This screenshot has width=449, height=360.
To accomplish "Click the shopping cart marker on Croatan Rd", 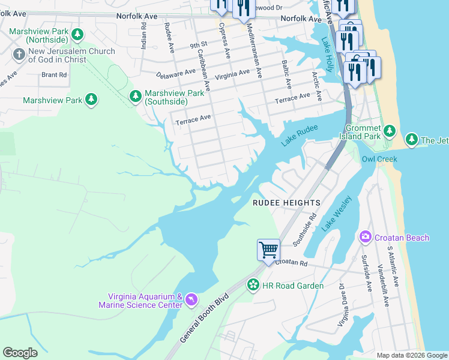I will (x=268, y=248).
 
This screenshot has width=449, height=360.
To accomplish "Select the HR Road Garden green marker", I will (x=253, y=285).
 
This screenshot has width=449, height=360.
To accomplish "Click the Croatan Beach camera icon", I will (x=365, y=238).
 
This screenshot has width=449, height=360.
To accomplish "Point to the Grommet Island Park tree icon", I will (x=389, y=130).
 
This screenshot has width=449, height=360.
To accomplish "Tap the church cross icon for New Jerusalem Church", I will (x=19, y=55).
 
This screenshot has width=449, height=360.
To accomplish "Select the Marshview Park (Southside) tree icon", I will (x=136, y=96).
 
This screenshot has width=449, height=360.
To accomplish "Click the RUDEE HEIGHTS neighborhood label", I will (x=286, y=203).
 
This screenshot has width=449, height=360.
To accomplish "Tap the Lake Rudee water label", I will (x=298, y=138).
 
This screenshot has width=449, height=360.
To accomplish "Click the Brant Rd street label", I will (x=54, y=75).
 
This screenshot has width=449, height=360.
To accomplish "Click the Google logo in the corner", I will (x=20, y=353).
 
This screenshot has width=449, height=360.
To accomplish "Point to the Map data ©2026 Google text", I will (x=411, y=355).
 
